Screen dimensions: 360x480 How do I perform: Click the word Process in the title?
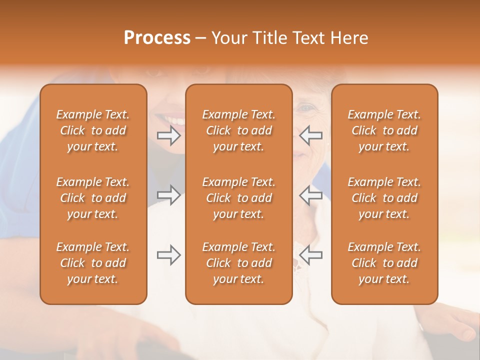[x=157, y=38]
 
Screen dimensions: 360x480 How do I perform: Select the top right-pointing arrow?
[x=169, y=135]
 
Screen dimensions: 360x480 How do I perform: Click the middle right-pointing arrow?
[x=169, y=195]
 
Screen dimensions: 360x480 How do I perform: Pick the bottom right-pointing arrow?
[x=169, y=255]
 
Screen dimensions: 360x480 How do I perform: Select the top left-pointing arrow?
[x=311, y=135]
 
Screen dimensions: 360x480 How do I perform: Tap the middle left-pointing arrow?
[x=311, y=195]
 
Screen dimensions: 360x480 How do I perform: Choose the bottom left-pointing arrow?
[x=311, y=255]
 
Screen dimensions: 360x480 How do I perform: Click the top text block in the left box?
[x=93, y=130]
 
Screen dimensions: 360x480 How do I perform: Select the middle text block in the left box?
[x=93, y=198]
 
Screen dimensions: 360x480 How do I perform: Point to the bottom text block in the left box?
[x=93, y=263]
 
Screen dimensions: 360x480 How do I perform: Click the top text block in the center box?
[x=238, y=130]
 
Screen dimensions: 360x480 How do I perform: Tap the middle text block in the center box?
[x=238, y=198]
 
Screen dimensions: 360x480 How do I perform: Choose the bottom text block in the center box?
[x=238, y=263]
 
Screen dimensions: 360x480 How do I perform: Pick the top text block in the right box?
[x=384, y=130]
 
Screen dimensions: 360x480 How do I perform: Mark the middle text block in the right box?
[x=384, y=198]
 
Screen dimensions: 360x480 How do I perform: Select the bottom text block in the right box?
[x=384, y=263]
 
